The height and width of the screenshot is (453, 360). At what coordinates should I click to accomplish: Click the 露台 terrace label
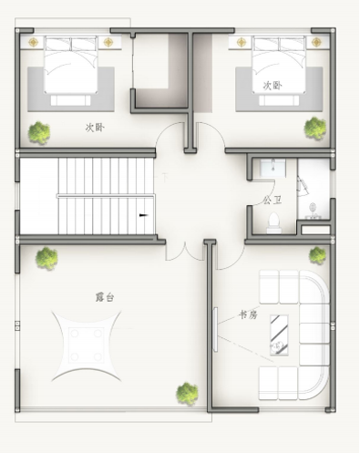tap(105, 297)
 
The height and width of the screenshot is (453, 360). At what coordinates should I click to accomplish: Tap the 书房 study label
tap(248, 315)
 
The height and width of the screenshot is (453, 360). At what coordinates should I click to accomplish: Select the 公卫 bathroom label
tap(273, 201)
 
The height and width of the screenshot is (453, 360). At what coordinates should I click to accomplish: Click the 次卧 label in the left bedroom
tap(95, 128)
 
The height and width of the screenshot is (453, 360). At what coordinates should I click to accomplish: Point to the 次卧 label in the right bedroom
tap(273, 86)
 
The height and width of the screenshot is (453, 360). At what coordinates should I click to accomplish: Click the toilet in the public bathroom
tap(274, 223)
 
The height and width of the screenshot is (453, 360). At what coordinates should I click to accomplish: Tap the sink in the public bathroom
tap(273, 168)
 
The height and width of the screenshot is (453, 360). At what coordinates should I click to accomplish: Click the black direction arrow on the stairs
tap(143, 215)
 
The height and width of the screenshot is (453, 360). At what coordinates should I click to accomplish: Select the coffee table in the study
tap(279, 335)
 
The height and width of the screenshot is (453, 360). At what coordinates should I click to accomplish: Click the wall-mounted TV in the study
tap(215, 330)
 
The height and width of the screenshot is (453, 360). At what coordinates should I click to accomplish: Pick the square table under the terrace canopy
tap(87, 345)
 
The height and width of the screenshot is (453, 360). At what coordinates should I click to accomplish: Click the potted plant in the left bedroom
tap(39, 133)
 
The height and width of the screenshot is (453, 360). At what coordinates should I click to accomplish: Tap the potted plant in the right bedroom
tap(315, 129)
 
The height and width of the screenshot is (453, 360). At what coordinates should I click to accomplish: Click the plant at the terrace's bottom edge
tap(187, 394)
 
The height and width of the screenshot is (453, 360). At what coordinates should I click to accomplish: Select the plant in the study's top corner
tap(317, 255)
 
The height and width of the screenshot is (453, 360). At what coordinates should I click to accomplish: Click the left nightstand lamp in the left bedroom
tap(33, 42)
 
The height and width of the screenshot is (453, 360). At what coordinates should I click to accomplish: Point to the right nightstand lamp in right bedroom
tap(316, 42)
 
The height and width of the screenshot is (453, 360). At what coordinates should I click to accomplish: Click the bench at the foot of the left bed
tap(70, 100)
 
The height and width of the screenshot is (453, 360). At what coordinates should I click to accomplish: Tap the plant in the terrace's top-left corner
tap(46, 258)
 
